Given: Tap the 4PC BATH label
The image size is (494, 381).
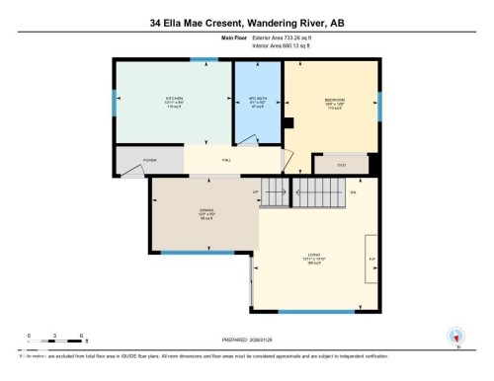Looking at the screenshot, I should [257, 100].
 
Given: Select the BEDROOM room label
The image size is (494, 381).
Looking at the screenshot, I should [335, 100].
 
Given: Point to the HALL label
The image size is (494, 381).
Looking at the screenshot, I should [226, 159].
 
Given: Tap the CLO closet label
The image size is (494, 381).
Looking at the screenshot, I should [342, 164].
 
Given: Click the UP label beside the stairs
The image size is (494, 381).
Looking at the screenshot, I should [255, 190].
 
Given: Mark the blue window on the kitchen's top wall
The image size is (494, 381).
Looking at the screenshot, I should [196, 60].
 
